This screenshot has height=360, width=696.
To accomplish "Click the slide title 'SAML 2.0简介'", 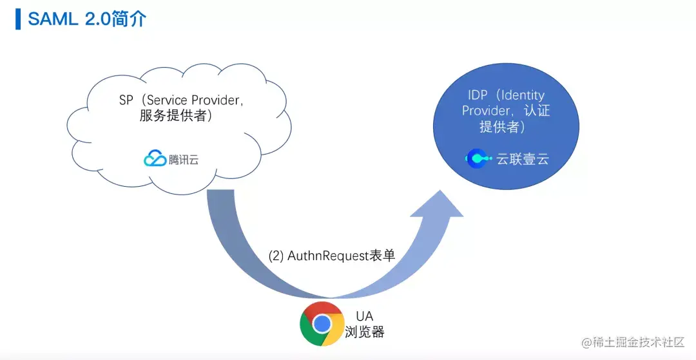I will (87, 19).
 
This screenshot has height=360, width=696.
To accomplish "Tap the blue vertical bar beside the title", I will (18, 19).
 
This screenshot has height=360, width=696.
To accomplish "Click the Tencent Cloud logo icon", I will (155, 158).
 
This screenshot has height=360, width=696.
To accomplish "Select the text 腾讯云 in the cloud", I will (184, 160).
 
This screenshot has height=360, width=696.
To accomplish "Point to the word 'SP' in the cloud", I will (126, 100).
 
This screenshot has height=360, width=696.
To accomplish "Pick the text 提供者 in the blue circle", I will (499, 127).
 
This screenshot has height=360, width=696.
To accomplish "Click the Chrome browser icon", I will (322, 323).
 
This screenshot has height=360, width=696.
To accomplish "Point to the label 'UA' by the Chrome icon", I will (364, 317).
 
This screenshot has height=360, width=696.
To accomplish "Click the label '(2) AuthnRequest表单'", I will (331, 256).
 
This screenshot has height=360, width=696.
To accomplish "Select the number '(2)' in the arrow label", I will (276, 256).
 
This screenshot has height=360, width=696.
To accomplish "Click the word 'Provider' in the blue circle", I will (486, 111).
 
